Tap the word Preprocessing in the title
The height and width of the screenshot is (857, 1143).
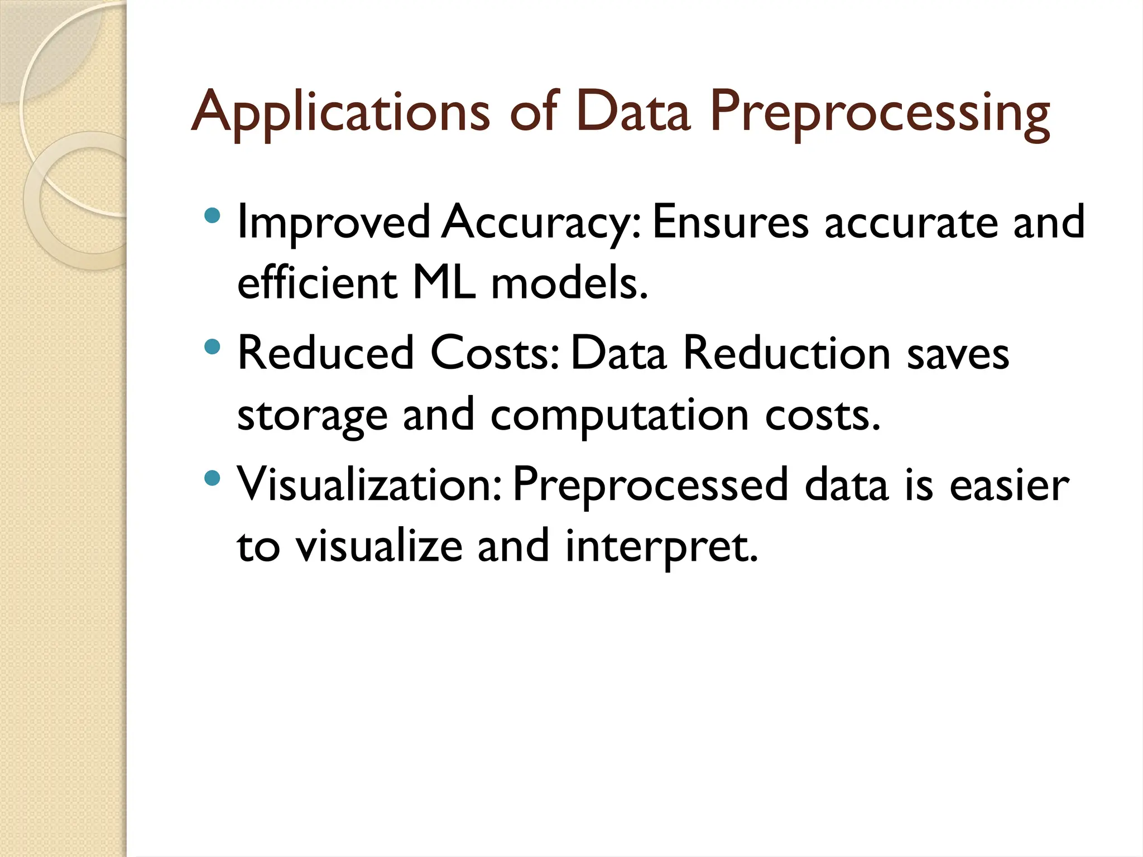click(x=880, y=114)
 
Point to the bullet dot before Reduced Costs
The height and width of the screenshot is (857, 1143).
click(x=212, y=348)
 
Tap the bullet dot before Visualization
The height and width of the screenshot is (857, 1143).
click(x=212, y=478)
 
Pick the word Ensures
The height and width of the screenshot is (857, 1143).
click(x=730, y=222)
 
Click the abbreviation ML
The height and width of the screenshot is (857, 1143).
click(x=444, y=283)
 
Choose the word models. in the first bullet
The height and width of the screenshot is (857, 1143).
click(x=569, y=283)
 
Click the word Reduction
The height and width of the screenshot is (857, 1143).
click(x=787, y=353)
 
